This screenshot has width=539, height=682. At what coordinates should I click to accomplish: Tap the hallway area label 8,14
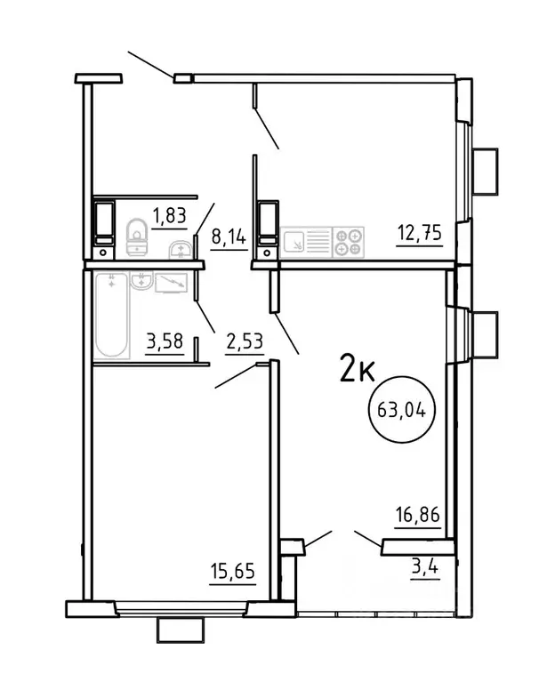[x=229, y=237]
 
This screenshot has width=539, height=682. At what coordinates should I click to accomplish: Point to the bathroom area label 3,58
[x=163, y=341]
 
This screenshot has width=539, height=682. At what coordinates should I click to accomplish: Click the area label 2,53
[x=243, y=341]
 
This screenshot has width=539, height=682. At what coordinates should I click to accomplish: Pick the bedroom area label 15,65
[x=233, y=570]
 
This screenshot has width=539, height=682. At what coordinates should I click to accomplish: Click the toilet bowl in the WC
[x=137, y=234]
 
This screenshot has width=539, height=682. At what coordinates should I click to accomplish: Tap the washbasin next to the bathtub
[x=141, y=282]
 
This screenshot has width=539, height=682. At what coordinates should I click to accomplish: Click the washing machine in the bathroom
[x=171, y=282]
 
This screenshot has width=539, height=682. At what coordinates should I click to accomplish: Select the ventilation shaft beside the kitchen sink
[x=267, y=223]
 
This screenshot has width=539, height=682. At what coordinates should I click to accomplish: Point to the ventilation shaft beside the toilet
[x=104, y=223]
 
